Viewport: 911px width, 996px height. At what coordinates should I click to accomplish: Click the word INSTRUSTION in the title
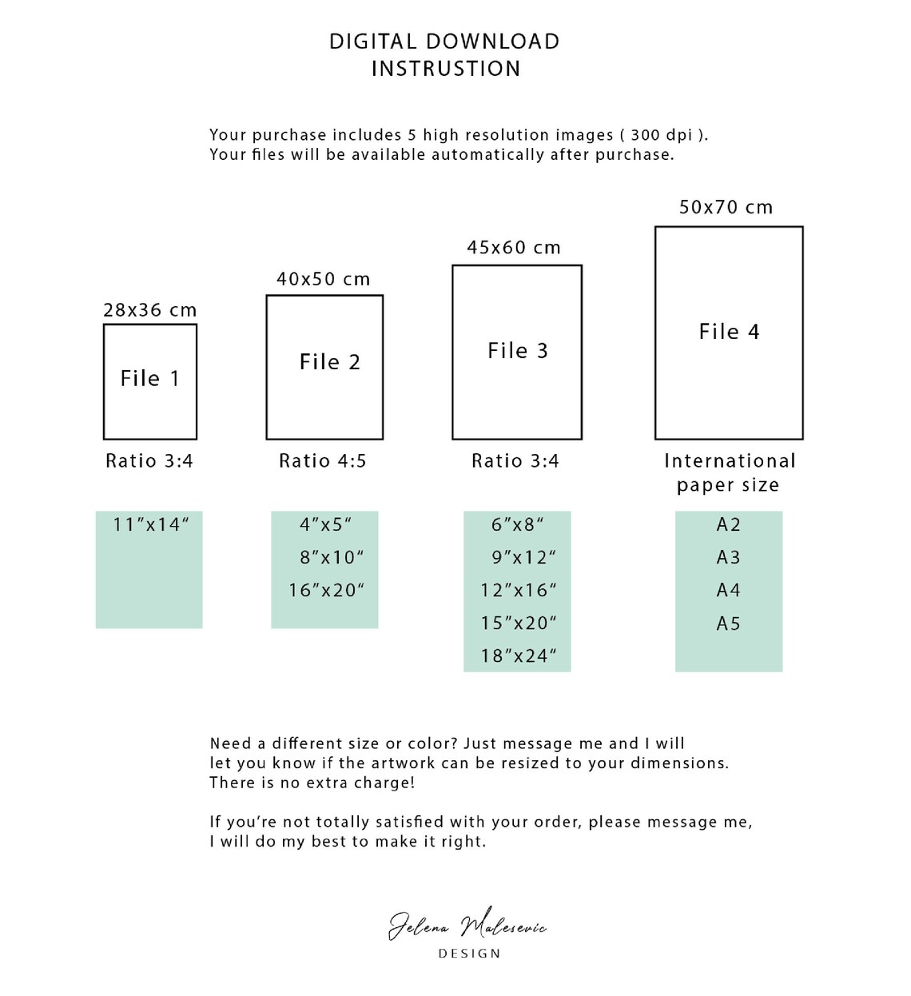(446, 69)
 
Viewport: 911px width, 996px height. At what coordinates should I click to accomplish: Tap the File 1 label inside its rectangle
(149, 378)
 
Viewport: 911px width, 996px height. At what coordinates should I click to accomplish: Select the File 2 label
(330, 361)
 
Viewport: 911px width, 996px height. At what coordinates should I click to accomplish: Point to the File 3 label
(517, 351)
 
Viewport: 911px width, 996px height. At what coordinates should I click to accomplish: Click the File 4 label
(729, 331)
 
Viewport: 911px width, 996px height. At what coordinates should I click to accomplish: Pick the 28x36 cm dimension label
(150, 310)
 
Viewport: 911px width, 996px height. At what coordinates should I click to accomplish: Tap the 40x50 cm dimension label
(323, 279)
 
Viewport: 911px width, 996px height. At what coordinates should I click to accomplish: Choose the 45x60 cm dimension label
(513, 247)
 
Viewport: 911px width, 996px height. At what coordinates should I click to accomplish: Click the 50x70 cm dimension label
(726, 207)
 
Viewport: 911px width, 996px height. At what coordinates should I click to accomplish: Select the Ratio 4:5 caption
(323, 460)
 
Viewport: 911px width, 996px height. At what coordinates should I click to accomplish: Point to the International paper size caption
(730, 473)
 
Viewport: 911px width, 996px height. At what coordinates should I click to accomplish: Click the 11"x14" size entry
(151, 524)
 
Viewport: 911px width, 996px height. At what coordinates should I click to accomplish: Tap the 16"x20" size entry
(326, 591)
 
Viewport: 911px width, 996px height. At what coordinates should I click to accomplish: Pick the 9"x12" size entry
(523, 557)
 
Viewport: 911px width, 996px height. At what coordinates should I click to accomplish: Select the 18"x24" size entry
(519, 656)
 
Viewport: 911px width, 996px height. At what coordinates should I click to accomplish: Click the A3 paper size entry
(728, 557)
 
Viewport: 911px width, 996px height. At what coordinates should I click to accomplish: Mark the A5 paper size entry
(728, 623)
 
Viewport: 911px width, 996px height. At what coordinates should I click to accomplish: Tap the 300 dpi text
(662, 135)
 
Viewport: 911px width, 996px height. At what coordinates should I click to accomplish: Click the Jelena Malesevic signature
(467, 925)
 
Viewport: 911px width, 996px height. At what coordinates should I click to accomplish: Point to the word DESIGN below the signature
(470, 954)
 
